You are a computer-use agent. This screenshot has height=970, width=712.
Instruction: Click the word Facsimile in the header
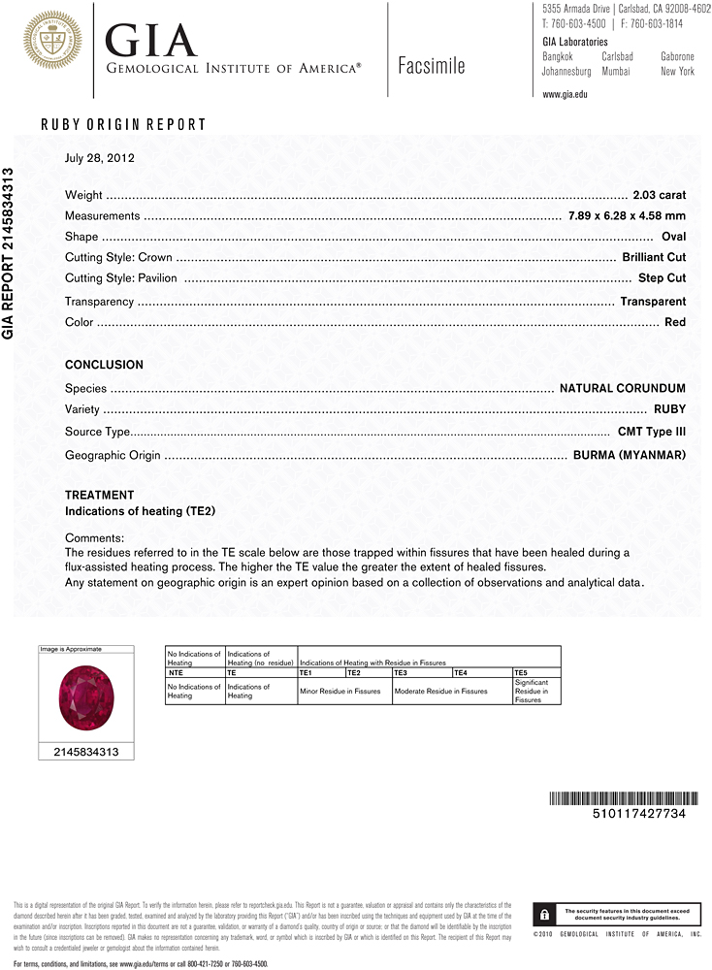(432, 66)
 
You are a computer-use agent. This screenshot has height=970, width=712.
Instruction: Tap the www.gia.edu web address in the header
(566, 94)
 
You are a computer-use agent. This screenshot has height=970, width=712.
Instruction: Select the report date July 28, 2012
(99, 158)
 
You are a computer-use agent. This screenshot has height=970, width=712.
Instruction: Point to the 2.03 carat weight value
(659, 195)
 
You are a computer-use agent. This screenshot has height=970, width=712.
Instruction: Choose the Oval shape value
(673, 237)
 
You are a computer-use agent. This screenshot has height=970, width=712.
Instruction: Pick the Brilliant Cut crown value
(654, 257)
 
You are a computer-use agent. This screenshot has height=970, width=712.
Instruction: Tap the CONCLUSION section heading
(104, 365)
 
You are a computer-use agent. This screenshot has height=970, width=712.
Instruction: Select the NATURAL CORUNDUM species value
(623, 388)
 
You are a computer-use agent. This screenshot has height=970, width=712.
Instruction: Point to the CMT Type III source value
(651, 432)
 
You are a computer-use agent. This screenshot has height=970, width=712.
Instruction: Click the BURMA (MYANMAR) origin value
(630, 455)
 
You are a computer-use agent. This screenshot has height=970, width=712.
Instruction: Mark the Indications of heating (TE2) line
(140, 511)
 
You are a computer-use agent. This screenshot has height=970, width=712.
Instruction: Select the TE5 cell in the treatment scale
(521, 671)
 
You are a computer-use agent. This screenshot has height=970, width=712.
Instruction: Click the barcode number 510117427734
(637, 814)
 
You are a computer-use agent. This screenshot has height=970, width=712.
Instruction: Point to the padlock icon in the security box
(545, 914)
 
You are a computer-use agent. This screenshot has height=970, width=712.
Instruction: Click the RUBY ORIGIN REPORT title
(123, 124)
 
